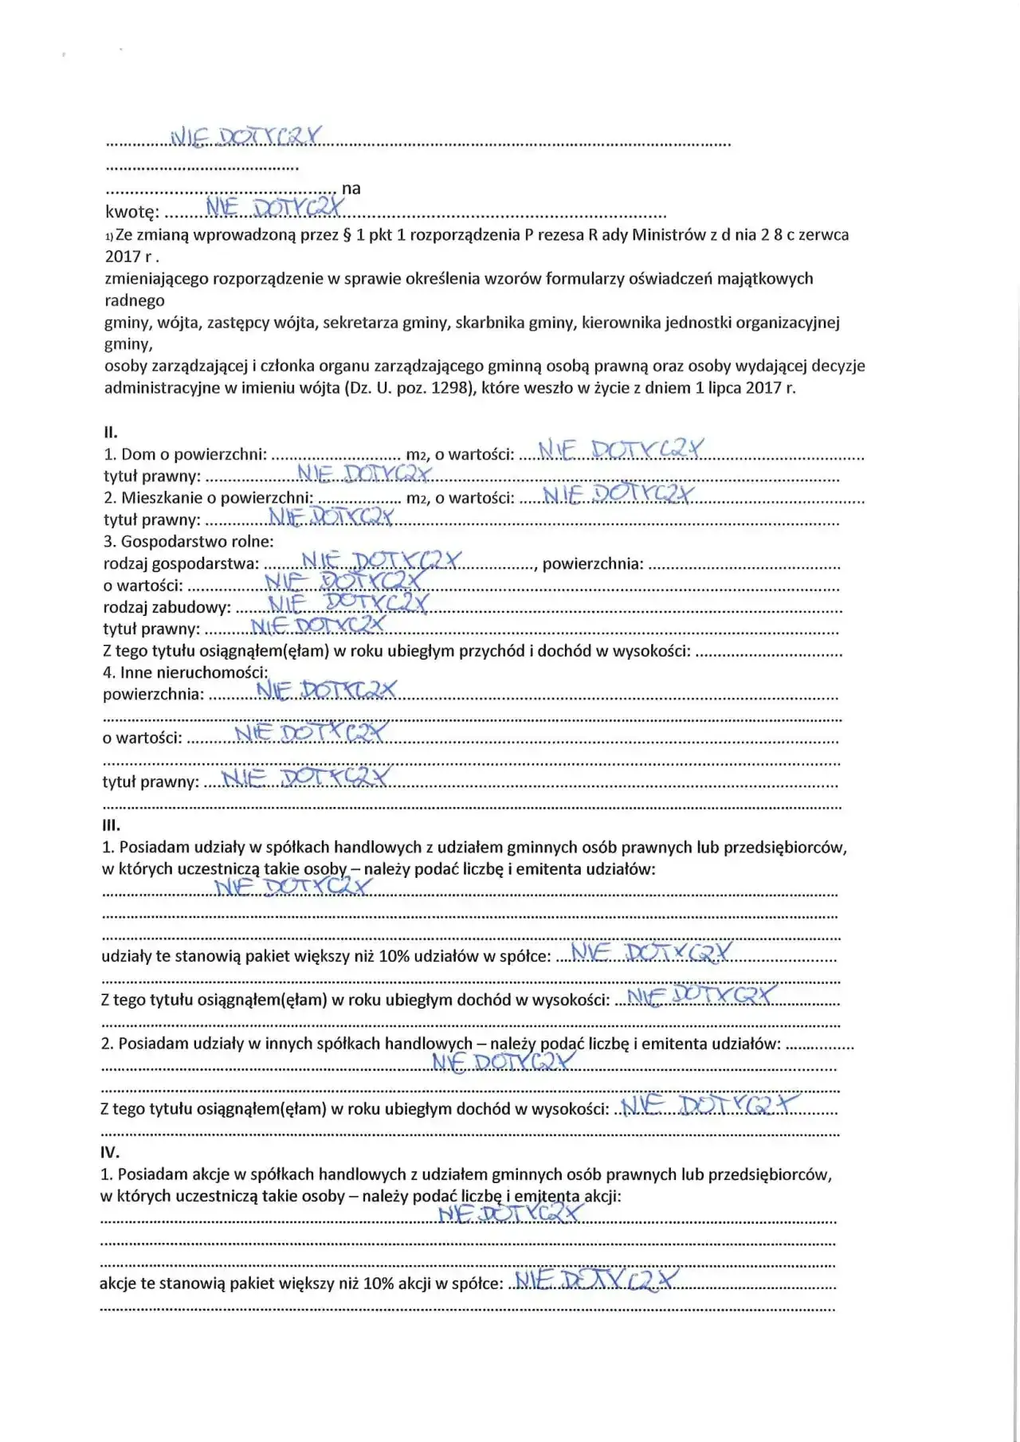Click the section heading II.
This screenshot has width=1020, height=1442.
point(111,433)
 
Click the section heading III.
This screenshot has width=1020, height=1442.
point(111,825)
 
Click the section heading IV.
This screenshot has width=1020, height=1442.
point(110,1152)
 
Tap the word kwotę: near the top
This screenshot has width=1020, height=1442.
point(132,212)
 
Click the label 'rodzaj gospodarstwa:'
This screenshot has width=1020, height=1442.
point(181,564)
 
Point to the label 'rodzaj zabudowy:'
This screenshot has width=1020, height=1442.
point(167,607)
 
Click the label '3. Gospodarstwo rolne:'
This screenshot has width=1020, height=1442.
point(188,542)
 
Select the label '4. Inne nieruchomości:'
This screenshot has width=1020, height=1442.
point(185,672)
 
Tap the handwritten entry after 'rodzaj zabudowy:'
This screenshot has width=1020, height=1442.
point(347,603)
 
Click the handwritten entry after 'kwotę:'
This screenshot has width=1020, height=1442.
point(275,208)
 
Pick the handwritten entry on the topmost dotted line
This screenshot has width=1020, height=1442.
point(246,137)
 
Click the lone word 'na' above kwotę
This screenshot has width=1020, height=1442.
point(351,189)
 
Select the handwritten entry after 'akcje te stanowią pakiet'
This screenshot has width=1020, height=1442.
point(596,1279)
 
